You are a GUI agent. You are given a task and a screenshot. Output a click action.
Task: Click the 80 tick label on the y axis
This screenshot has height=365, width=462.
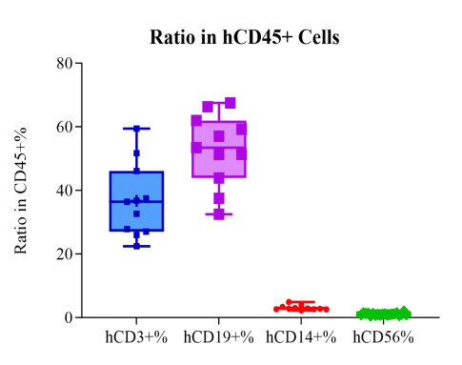click(x=64, y=64)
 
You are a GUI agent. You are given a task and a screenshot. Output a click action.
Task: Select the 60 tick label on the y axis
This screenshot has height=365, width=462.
click(x=64, y=127)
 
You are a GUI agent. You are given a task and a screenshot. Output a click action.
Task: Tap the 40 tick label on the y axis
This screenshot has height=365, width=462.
click(x=64, y=191)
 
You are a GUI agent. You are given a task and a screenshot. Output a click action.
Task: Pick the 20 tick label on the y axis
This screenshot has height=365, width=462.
click(x=64, y=254)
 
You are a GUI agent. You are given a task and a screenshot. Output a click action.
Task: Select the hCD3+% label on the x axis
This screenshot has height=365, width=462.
click(x=136, y=337)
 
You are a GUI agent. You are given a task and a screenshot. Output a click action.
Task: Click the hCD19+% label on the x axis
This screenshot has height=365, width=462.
click(x=218, y=337)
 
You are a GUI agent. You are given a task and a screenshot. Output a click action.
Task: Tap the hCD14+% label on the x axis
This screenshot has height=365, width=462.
click(x=301, y=337)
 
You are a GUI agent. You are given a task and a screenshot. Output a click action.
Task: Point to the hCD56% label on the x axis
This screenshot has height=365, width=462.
click(x=382, y=337)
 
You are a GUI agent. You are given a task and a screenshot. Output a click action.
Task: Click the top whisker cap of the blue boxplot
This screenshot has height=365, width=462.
click(x=136, y=129)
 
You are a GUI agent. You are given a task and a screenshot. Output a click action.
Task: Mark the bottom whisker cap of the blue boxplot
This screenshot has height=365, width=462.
click(x=136, y=246)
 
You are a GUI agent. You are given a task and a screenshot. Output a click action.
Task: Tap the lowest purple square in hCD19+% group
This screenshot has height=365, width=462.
click(x=219, y=214)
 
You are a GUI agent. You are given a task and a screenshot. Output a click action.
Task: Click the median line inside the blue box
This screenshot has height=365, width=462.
click(x=136, y=202)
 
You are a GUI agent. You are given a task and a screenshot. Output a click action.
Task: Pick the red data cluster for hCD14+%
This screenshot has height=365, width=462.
click(x=301, y=308)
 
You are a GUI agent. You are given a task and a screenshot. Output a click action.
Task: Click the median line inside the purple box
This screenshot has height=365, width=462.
click(x=219, y=147)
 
